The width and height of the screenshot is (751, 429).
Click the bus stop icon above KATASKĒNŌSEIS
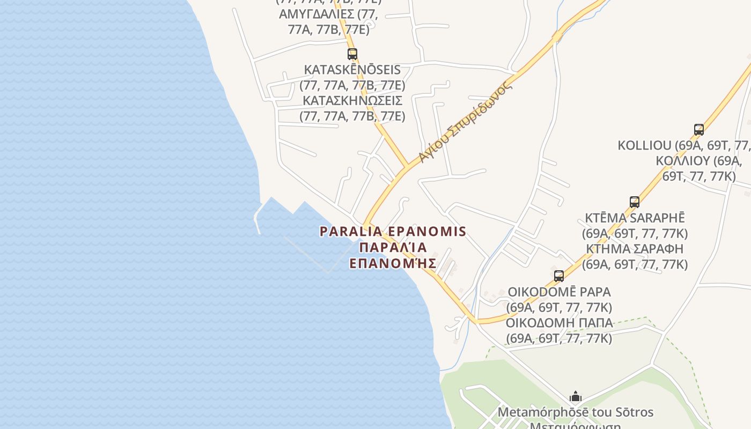(x=352, y=54)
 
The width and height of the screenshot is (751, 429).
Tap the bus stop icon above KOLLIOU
(x=698, y=129)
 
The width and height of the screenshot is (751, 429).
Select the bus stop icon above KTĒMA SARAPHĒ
(x=634, y=202)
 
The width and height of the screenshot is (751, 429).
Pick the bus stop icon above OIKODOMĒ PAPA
(x=558, y=276)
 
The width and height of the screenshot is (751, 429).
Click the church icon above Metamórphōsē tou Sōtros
(x=575, y=397)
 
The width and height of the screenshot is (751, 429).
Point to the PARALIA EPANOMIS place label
(x=393, y=232)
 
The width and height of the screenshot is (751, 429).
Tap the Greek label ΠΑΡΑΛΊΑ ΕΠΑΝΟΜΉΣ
(x=393, y=255)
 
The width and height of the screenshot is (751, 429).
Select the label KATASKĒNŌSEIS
(x=352, y=70)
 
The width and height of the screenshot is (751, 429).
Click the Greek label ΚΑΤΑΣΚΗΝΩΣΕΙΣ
(x=352, y=100)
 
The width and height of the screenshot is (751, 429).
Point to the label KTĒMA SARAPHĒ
(x=635, y=218)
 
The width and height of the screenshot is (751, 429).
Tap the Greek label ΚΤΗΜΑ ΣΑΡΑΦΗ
(x=635, y=249)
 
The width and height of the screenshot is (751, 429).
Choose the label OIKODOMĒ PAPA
(x=559, y=292)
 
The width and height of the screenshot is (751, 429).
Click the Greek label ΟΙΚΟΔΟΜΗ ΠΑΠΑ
(x=559, y=323)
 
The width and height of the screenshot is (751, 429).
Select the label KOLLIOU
(x=644, y=145)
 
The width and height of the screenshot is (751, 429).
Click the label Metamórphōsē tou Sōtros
(x=576, y=412)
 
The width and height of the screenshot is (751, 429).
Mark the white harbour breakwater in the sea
(x=257, y=220)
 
